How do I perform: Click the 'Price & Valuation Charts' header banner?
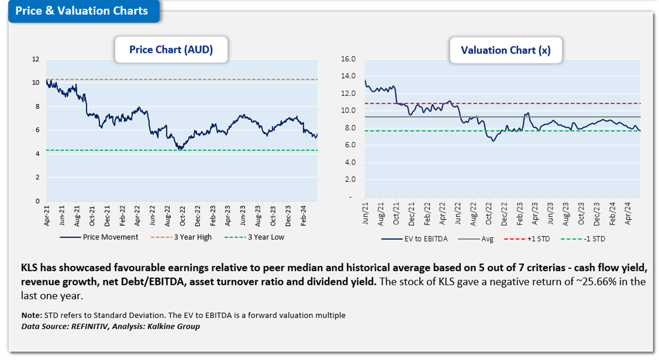[x=82, y=11]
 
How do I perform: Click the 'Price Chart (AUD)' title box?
[x=171, y=50]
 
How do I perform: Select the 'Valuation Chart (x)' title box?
[x=505, y=50]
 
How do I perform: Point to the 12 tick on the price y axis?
[x=36, y=59]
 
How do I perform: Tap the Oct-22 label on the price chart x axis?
[x=183, y=216]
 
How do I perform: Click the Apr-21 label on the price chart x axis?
[x=47, y=216]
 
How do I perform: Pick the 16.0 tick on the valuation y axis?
[x=348, y=59]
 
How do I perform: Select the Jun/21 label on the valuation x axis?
[x=365, y=214]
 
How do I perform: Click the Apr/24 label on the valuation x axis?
[x=628, y=214]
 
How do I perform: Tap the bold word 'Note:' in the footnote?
[x=31, y=315]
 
